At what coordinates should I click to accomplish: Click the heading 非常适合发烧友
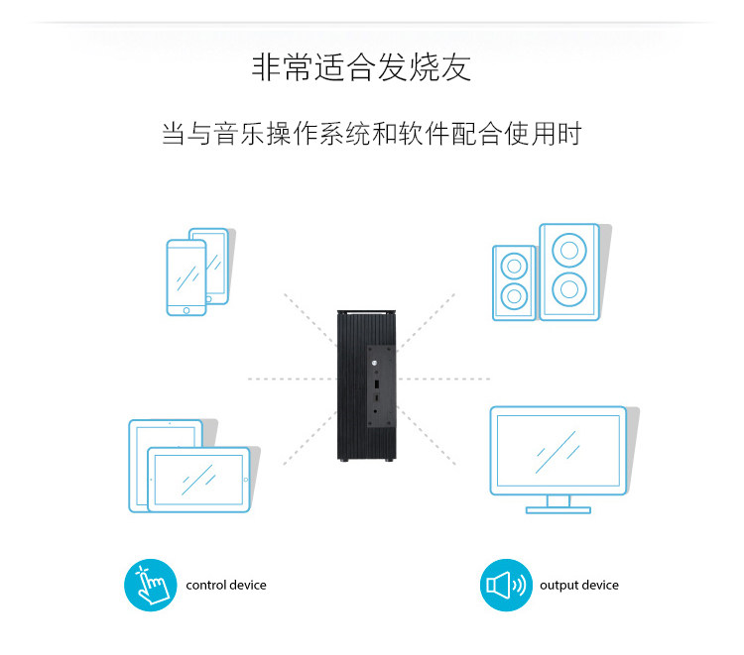pos(362,68)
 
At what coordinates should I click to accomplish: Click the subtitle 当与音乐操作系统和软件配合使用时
pos(371,134)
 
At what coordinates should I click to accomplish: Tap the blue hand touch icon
pos(149,586)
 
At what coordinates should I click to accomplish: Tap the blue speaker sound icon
pos(506,586)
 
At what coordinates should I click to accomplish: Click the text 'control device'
pos(226,586)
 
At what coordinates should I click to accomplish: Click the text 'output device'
pos(578,586)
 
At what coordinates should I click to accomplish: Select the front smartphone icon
pos(186,278)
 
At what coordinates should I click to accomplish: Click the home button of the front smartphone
pos(186,308)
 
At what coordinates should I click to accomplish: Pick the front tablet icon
pos(198,480)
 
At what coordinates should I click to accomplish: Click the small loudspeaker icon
pos(514,281)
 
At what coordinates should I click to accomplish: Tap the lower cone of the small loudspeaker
pos(514,295)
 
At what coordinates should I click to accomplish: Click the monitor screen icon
pos(558,450)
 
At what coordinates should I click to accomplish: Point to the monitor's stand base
pos(558,509)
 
